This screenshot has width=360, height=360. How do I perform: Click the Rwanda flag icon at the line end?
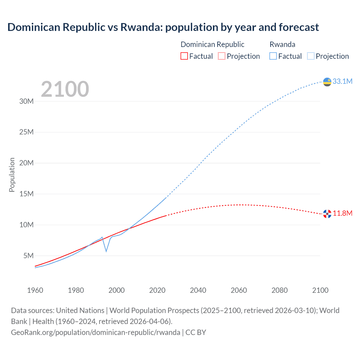point(327,82)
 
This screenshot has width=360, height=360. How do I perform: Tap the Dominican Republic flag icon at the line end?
point(327,214)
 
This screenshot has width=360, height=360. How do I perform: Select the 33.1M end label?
point(342,81)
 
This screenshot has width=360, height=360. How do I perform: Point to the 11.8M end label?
point(343,213)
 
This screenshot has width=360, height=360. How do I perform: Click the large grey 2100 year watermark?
point(65,89)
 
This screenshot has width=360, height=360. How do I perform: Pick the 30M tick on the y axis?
point(26,101)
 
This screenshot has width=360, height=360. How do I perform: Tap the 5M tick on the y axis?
point(28,256)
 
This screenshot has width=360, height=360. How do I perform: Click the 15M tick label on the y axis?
point(26,194)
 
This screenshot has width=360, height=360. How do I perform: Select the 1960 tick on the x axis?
point(35,290)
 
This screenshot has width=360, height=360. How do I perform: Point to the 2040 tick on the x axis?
point(198,290)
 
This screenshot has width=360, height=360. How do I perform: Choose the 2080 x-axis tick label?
point(280,290)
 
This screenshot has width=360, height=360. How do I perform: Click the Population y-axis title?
point(12,175)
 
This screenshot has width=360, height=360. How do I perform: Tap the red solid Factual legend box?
point(184,56)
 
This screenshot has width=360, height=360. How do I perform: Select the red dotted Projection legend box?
point(222,56)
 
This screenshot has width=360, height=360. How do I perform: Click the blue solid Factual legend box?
point(273,56)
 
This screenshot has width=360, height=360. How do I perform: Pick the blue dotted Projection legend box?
point(311,56)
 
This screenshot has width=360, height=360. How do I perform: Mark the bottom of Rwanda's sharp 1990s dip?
point(106,251)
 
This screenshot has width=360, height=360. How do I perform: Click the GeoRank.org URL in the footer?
point(96,332)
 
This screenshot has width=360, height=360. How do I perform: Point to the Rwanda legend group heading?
point(282,44)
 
